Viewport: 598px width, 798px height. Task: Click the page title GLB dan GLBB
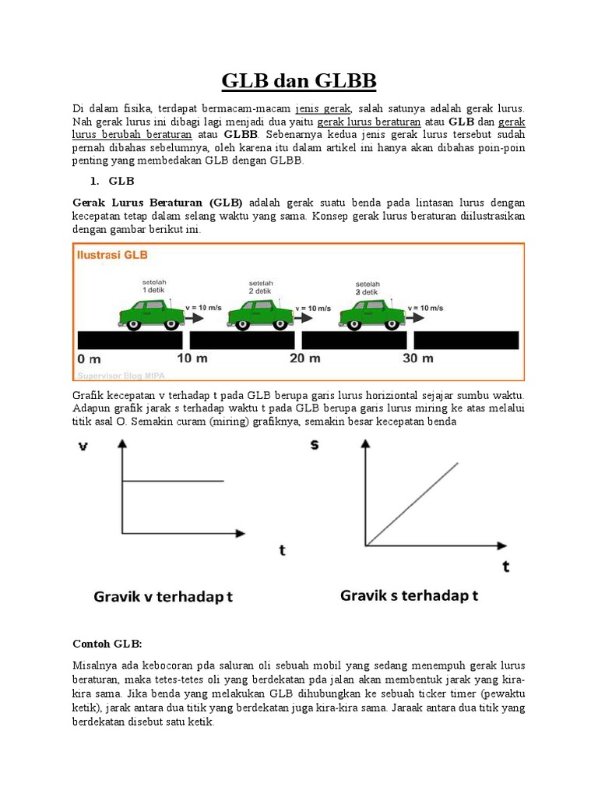[x=299, y=80]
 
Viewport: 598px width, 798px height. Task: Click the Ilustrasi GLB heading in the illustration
[x=112, y=254]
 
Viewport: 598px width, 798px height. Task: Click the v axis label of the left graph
[x=83, y=447]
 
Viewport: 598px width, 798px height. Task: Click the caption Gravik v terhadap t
[x=164, y=597]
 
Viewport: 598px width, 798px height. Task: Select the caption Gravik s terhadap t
[x=409, y=596]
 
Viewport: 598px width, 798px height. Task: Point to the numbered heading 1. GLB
[x=112, y=181]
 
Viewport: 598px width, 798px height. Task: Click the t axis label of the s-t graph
[x=506, y=567]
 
